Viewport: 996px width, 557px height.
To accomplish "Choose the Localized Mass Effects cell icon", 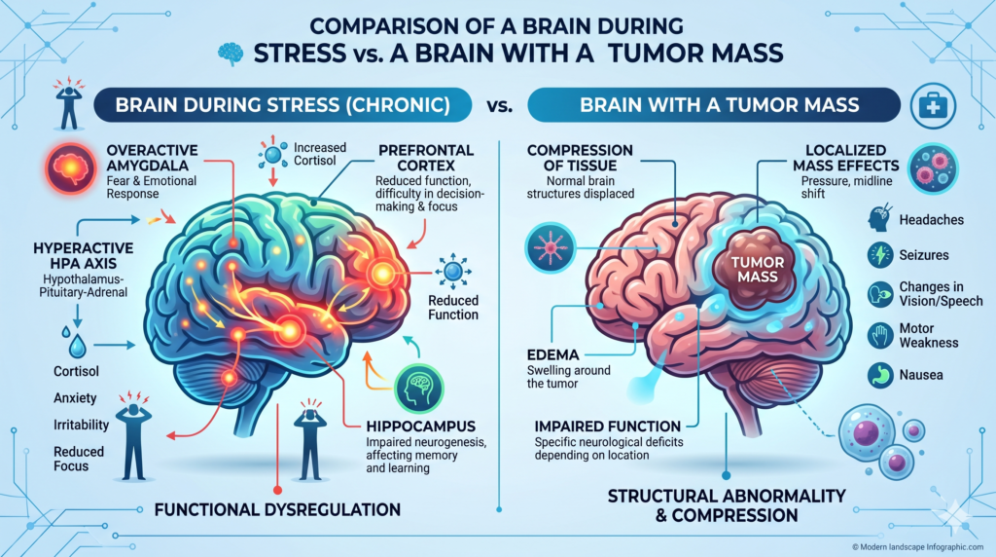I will click(935, 169).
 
